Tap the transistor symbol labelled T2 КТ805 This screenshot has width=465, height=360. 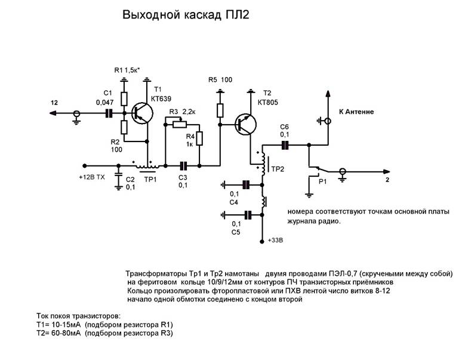(x=245, y=124)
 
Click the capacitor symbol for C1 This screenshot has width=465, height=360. (x=109, y=112)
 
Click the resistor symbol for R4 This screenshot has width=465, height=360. (x=199, y=139)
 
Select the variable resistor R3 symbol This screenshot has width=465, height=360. (x=177, y=124)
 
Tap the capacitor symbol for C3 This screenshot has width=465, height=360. (x=184, y=165)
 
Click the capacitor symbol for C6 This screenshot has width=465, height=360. (x=285, y=144)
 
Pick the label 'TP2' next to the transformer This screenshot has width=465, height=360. (x=278, y=169)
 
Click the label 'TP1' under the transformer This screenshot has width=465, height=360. (x=150, y=178)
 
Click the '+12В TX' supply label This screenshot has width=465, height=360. (x=93, y=177)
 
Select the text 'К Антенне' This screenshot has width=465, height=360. (x=357, y=112)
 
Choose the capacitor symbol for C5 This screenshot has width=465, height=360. (x=245, y=213)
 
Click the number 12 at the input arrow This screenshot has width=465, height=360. (x=54, y=103)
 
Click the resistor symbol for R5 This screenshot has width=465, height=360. (x=220, y=109)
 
